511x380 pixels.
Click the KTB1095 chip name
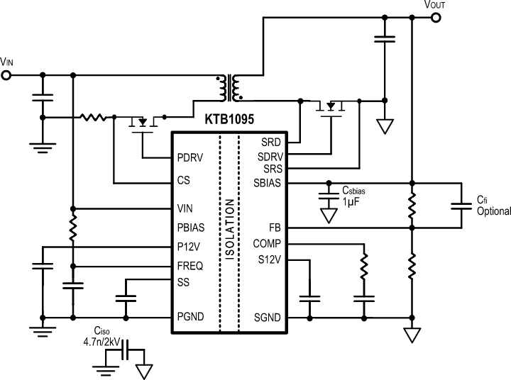229,119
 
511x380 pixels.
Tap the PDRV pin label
190,157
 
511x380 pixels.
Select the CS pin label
184,180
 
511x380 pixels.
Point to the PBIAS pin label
191,228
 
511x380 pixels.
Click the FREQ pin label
190,266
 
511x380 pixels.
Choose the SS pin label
183,282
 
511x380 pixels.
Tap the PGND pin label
190,316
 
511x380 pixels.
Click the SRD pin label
271,142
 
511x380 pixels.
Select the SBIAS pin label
268,183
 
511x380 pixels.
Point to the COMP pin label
267,244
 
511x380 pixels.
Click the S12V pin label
270,260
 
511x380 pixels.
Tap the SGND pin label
268,318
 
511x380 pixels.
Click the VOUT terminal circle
436,18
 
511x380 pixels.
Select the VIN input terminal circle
6,75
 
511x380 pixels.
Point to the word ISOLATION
230,229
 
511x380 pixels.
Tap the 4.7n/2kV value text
101,342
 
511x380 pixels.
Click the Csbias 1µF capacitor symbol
329,196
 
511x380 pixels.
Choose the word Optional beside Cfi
494,211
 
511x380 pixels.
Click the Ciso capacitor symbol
126,350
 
